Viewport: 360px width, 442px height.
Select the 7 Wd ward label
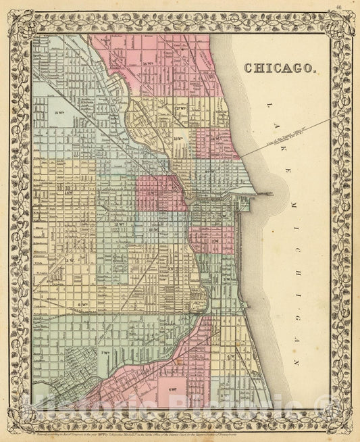[x=105, y=335]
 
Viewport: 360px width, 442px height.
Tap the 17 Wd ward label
[x=179, y=108]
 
